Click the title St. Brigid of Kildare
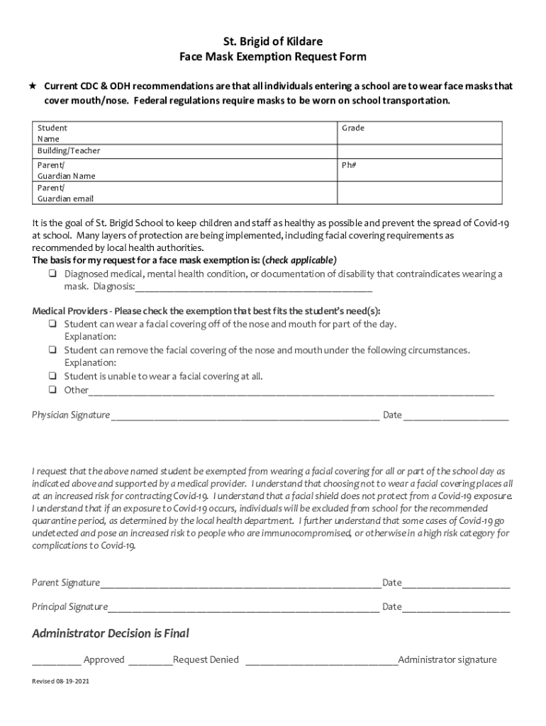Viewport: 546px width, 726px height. point(273,42)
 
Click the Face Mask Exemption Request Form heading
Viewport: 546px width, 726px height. point(273,57)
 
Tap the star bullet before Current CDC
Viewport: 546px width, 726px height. point(33,86)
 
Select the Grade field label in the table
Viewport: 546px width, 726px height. point(352,128)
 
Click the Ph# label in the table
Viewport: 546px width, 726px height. point(348,165)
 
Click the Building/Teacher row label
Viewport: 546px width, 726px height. point(69,151)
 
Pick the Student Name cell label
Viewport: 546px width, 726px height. point(52,134)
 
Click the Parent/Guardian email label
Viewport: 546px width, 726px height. point(65,194)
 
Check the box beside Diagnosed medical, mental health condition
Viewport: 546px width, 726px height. point(53,274)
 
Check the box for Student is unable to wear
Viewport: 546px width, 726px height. point(53,376)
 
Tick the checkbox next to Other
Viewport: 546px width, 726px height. point(53,390)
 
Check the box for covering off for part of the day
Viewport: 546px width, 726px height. point(53,324)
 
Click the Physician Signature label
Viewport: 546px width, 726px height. point(70,415)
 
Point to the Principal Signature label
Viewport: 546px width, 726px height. point(69,607)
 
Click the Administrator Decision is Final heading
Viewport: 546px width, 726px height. point(111,633)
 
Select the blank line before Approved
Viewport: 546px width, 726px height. point(56,661)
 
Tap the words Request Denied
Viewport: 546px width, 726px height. point(206,659)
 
